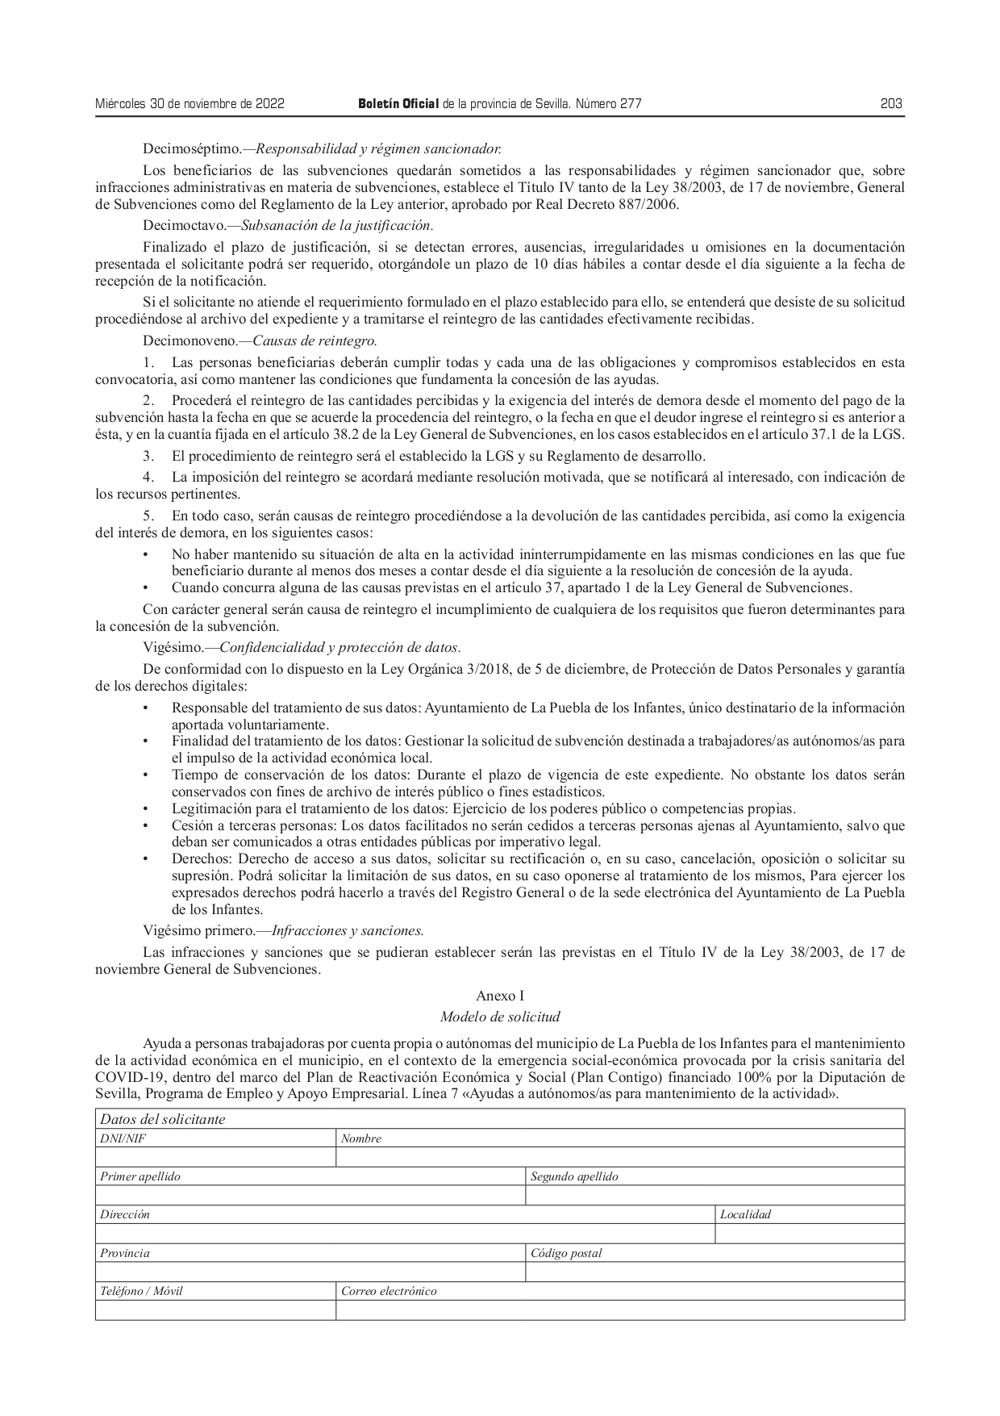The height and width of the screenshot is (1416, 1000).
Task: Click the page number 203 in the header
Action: coord(890,104)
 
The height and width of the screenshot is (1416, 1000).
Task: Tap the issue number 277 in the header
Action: coord(631,104)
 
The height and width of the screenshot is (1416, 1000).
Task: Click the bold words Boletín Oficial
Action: coord(398,104)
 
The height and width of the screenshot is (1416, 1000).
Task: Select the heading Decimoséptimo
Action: coord(191,149)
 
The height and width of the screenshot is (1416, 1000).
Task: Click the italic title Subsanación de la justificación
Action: coord(337,225)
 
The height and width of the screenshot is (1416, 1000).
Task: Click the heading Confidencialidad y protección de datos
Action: coord(340,647)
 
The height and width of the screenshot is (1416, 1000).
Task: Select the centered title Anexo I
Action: coord(500,996)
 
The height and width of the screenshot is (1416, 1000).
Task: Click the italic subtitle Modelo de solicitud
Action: coord(500,1017)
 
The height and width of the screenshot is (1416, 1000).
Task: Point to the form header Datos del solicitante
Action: coord(162,1119)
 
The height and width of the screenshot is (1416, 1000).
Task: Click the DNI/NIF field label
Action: coord(123,1138)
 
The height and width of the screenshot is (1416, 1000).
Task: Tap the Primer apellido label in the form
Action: coord(140,1176)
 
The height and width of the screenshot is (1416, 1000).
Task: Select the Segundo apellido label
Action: coord(574,1176)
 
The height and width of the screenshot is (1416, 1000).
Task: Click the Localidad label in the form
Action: coord(745,1214)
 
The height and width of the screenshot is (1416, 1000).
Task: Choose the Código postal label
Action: coord(566,1253)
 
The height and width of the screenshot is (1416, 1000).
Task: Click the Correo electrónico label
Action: coord(389,1291)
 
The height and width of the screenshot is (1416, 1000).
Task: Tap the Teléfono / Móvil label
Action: coord(141,1291)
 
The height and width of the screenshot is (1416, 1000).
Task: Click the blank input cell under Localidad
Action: coord(809,1233)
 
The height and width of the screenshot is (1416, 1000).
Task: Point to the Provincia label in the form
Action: coord(125,1253)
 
